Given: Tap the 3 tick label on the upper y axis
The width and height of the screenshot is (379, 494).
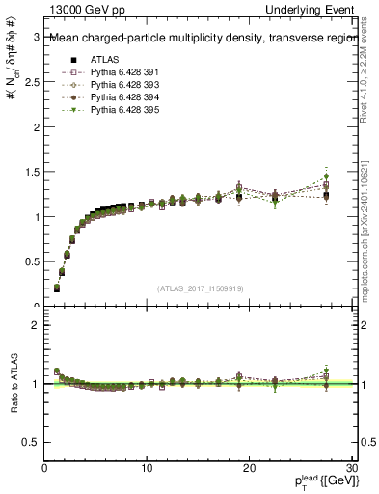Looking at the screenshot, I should coord(36,38).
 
